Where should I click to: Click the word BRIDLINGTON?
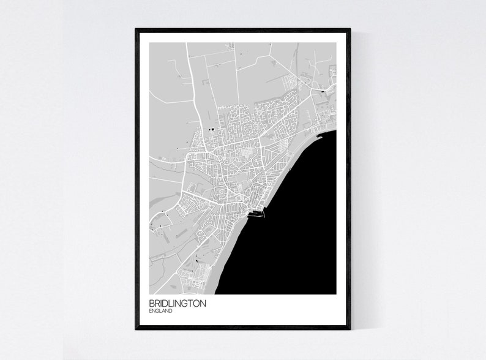point(177,303)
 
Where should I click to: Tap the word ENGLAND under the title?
point(160,311)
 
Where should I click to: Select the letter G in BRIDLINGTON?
point(182,303)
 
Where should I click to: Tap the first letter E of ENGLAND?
point(151,311)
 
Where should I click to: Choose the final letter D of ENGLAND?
point(170,311)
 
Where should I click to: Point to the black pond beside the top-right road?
point(323,91)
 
